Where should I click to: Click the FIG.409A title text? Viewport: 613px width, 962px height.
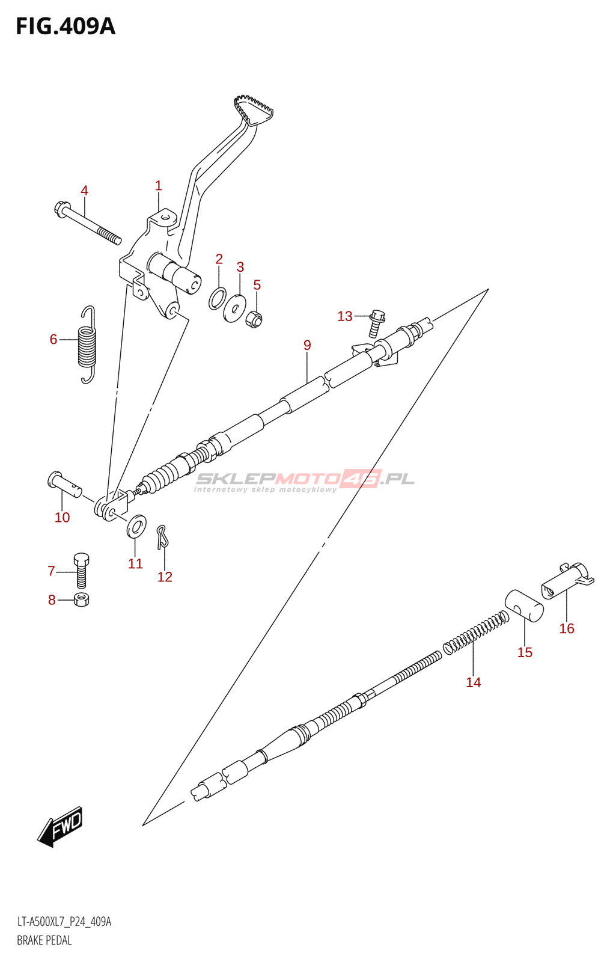click(x=65, y=26)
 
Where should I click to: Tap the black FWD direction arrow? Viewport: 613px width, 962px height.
click(x=60, y=826)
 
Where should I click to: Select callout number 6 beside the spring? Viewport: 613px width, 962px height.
click(x=53, y=340)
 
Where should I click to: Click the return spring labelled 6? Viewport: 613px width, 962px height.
click(x=88, y=345)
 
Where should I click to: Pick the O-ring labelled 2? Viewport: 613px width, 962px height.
click(x=218, y=298)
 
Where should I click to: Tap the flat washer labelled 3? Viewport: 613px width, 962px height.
click(x=234, y=308)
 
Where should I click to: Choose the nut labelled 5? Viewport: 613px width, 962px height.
click(x=254, y=318)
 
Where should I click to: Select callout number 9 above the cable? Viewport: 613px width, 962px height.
click(x=307, y=345)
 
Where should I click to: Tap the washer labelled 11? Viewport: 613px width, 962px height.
click(x=136, y=526)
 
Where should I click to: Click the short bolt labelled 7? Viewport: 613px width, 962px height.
click(x=82, y=570)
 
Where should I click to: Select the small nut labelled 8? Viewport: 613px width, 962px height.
click(x=82, y=599)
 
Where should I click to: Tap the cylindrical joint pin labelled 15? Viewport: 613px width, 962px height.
click(x=524, y=605)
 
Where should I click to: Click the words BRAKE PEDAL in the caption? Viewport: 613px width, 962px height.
click(x=44, y=940)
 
